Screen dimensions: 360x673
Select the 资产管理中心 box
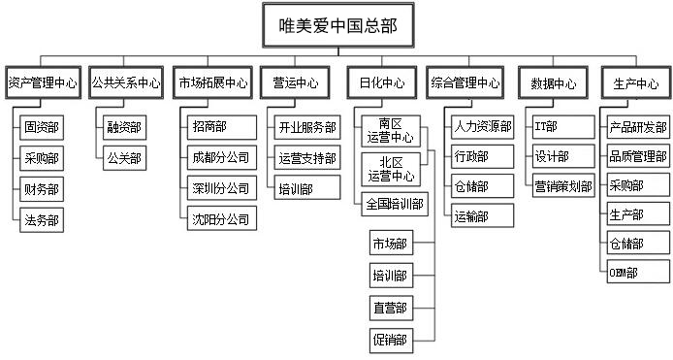tap(42, 84)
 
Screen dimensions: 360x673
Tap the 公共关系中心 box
tap(126, 84)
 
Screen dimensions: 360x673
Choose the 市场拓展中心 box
tap(213, 84)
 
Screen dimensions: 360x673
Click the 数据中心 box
tap(553, 84)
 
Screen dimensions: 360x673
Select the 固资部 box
tap(43, 127)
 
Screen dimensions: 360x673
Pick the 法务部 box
tap(43, 220)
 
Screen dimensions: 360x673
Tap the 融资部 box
tap(124, 127)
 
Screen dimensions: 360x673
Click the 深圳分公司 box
tap(221, 188)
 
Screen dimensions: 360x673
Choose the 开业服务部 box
tap(307, 127)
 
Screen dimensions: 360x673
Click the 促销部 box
tap(390, 340)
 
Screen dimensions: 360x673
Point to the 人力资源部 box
tap(482, 127)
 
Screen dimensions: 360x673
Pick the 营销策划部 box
tap(564, 186)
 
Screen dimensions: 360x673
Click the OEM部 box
tap(625, 273)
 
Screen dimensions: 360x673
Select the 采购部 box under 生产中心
tap(625, 185)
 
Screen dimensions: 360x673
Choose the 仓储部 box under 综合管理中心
tap(471, 186)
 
